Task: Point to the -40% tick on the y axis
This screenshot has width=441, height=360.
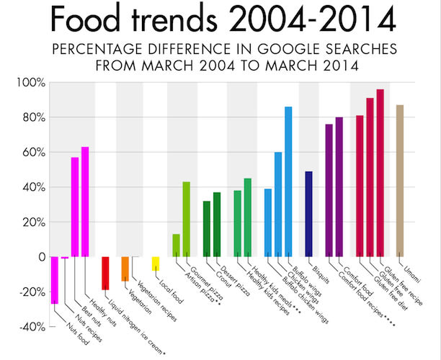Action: click(31, 327)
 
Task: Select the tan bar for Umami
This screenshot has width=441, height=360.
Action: click(400, 181)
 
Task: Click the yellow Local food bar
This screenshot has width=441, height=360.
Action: click(156, 264)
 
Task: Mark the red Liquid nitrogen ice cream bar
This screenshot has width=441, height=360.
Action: click(105, 273)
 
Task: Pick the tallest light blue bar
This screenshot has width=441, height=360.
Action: click(288, 181)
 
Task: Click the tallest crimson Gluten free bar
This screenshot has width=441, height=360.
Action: click(380, 173)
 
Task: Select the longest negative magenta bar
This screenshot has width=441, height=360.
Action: click(54, 280)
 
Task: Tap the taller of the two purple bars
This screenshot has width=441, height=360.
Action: click(339, 186)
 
